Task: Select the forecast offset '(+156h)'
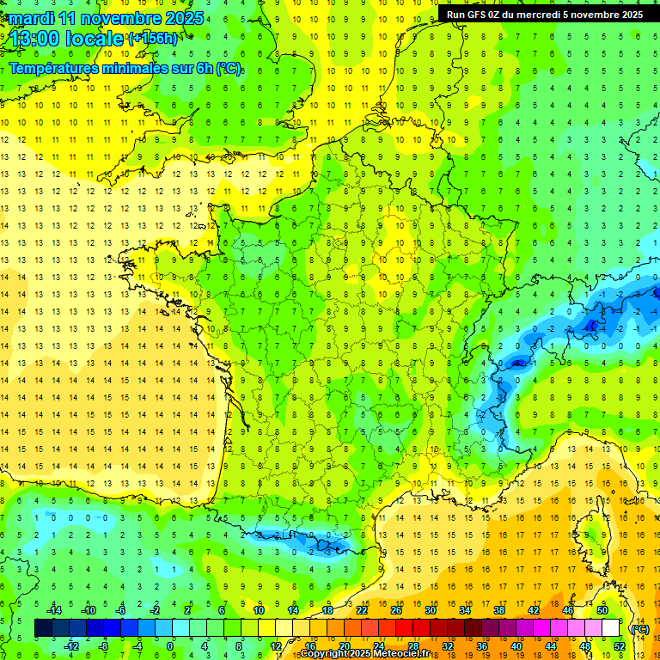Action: (x=154, y=38)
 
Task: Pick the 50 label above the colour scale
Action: (x=602, y=610)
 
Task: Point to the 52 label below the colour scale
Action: (x=620, y=646)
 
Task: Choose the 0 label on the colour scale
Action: (x=169, y=646)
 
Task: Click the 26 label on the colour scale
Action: (x=396, y=610)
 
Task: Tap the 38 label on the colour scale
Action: (x=499, y=610)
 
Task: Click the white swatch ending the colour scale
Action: (x=610, y=628)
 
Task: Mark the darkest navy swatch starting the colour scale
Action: (x=43, y=628)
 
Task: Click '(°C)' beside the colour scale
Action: (x=639, y=628)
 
